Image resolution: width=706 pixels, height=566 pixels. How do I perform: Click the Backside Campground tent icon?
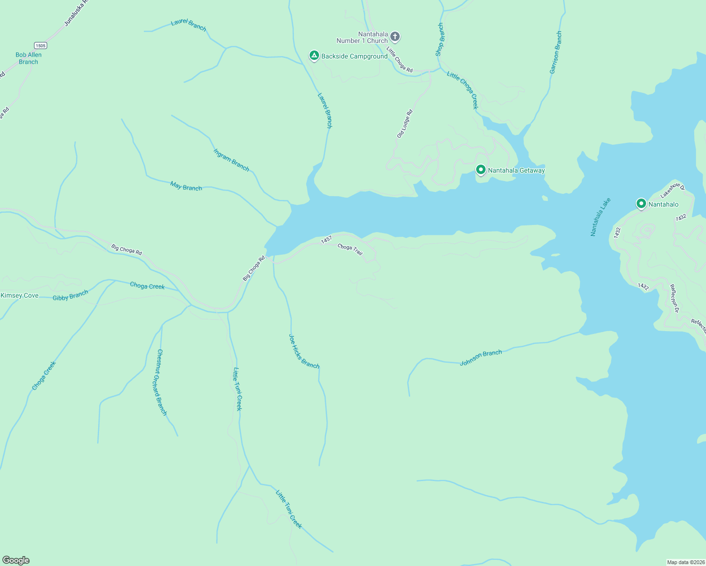[314, 56]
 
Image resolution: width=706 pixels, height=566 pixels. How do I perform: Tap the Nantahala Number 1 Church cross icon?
[395, 36]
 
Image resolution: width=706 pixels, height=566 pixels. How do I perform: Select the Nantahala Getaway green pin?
[480, 169]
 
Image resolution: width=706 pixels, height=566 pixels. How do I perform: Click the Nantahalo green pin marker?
[641, 204]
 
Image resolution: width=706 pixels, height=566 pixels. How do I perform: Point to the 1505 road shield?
[40, 45]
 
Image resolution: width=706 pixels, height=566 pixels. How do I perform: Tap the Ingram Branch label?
[231, 159]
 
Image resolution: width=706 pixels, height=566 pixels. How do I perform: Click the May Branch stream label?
[186, 186]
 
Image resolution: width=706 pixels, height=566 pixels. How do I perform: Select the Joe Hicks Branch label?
[304, 351]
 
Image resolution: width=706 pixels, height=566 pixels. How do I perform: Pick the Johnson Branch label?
[480, 358]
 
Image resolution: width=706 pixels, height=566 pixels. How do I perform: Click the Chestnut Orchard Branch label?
[162, 383]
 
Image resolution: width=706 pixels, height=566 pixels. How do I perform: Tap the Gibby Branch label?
[70, 296]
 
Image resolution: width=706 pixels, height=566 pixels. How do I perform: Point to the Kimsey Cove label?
[19, 296]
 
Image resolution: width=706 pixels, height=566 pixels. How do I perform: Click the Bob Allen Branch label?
[28, 58]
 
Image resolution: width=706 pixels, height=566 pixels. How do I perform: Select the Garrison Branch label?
[555, 52]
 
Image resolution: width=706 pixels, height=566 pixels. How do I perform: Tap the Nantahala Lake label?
[600, 217]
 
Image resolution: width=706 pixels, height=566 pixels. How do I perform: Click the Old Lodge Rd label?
[405, 124]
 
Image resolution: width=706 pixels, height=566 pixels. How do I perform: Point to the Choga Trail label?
[350, 250]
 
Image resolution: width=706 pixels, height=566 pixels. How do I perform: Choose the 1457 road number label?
[326, 240]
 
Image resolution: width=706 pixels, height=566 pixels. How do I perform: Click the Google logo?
[16, 560]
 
